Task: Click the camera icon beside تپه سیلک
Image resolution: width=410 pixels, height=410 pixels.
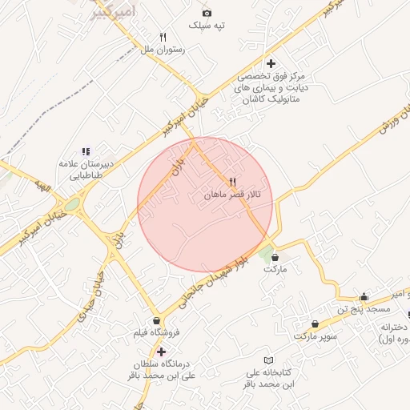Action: (x=207, y=13)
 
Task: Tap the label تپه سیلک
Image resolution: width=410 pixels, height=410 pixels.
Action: (x=207, y=26)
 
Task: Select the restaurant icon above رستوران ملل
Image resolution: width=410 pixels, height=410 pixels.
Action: (x=163, y=37)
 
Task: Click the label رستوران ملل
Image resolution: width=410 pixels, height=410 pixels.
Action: (x=163, y=50)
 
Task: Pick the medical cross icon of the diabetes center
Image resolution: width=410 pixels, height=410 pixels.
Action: (x=271, y=63)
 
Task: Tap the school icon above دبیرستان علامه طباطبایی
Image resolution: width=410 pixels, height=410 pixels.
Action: (x=86, y=151)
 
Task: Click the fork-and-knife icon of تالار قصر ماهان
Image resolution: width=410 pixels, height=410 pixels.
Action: (x=232, y=182)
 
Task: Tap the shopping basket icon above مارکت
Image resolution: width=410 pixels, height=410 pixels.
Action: (x=276, y=258)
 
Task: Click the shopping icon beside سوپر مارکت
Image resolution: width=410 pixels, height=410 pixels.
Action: (x=314, y=324)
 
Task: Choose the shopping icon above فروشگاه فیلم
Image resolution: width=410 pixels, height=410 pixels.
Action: (x=157, y=320)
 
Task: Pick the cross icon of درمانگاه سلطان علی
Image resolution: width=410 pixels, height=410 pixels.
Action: (x=162, y=352)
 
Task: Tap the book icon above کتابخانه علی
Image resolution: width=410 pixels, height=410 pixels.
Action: (x=269, y=360)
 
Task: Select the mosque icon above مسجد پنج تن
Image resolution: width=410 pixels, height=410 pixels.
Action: (x=364, y=296)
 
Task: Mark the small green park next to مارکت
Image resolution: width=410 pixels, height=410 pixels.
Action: (x=265, y=255)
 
